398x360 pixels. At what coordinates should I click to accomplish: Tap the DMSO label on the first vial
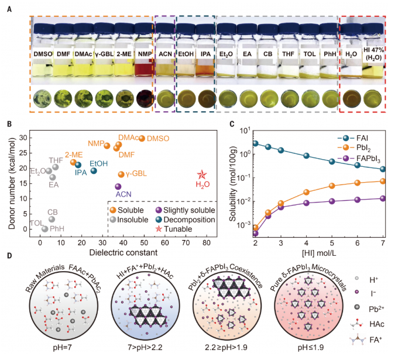pos(43,56)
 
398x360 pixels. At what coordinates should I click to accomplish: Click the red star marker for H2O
pos(202,175)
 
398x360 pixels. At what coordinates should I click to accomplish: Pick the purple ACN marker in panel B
pos(118,187)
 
